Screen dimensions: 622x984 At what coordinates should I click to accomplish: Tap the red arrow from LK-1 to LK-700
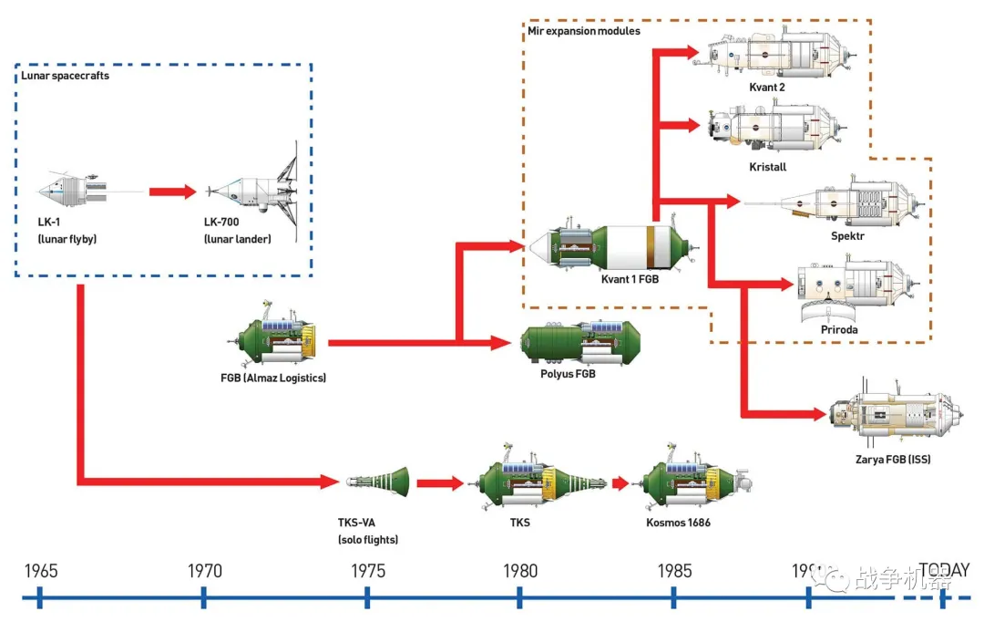172,192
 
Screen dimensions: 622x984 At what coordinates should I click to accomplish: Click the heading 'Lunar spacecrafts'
67,76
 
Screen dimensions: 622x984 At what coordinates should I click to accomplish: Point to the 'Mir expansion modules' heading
584,31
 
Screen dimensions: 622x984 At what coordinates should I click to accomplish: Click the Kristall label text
767,167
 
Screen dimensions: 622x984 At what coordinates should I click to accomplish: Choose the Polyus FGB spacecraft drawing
579,342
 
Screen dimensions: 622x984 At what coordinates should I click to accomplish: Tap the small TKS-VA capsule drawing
377,481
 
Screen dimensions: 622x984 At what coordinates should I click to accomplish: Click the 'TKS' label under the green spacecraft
519,523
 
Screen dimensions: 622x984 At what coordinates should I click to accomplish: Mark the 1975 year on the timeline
367,572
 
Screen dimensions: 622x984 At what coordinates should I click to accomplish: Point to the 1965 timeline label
41,572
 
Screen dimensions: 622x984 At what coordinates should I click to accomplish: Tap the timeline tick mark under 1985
673,598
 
